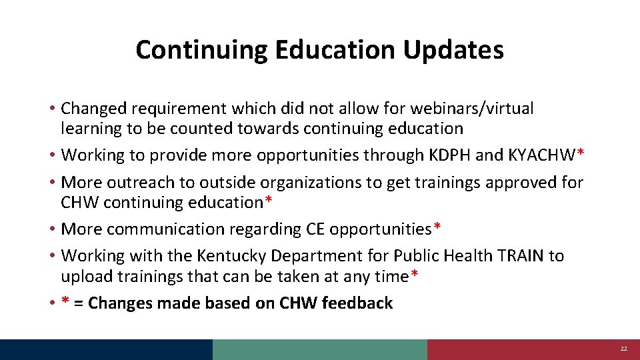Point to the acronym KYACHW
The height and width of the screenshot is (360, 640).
click(x=542, y=155)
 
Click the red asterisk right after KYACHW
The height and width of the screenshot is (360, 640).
click(x=581, y=153)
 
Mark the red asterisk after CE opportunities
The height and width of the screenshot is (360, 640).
click(x=437, y=227)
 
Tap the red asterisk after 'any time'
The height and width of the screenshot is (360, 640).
click(x=415, y=274)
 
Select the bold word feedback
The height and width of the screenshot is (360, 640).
click(x=357, y=303)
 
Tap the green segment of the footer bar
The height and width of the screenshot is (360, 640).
click(x=320, y=349)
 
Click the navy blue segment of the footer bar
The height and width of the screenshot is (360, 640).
click(x=107, y=349)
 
